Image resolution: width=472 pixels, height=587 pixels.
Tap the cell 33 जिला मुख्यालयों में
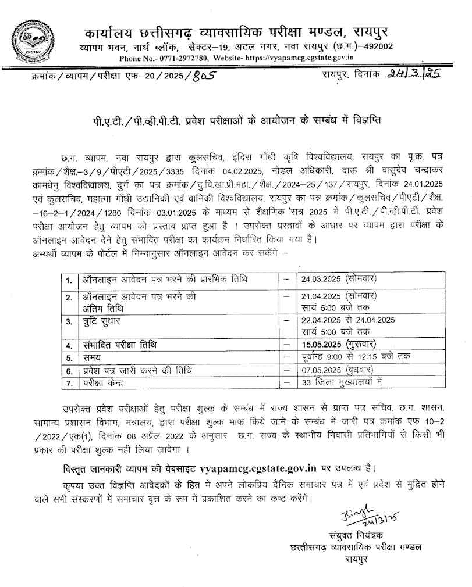tap(341, 382)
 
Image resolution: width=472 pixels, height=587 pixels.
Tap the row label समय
tap(91, 357)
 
